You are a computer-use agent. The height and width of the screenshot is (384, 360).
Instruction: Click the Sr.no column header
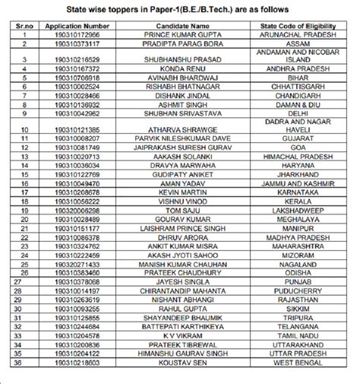click(x=24, y=25)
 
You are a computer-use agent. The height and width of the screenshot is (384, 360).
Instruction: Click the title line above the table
click(x=180, y=8)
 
